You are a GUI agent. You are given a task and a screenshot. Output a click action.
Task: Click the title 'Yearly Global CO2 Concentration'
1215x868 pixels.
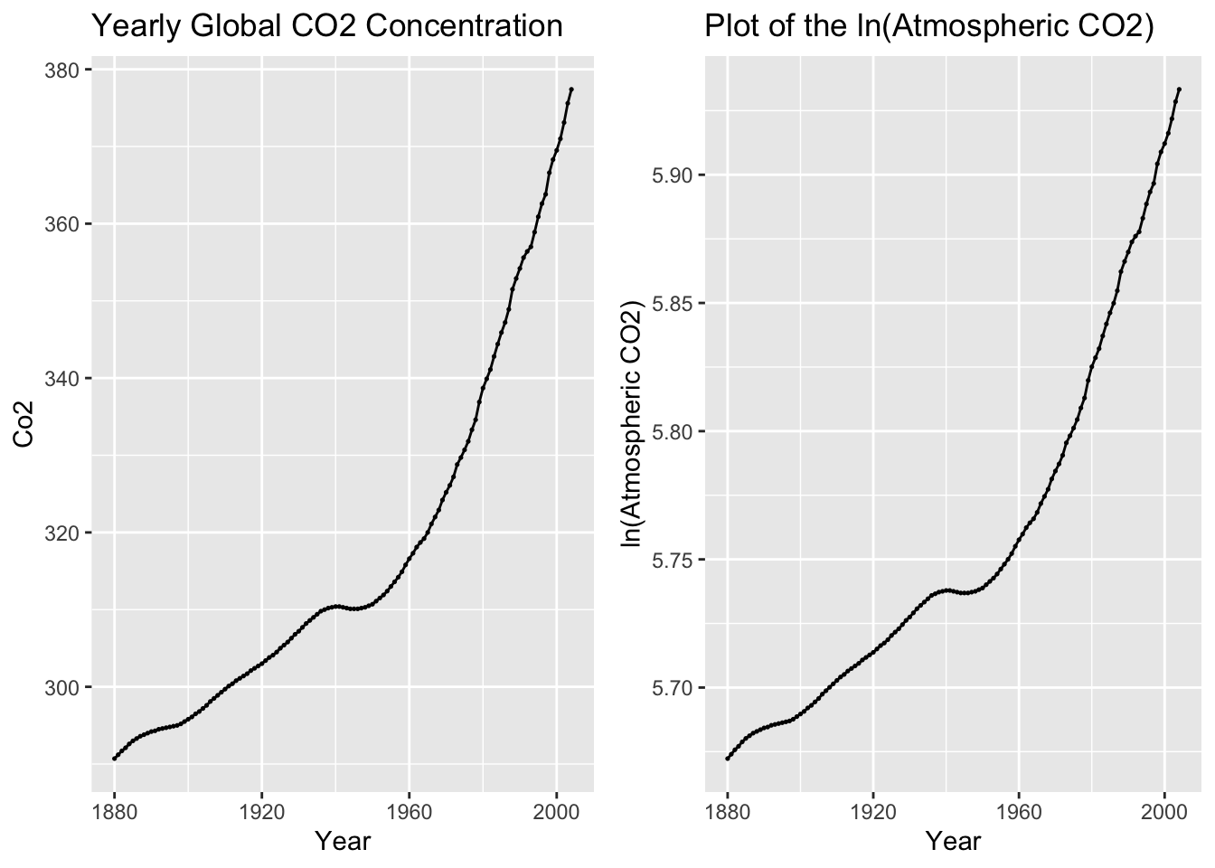click(327, 27)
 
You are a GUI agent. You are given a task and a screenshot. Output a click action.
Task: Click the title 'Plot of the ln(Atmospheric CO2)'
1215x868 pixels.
click(929, 27)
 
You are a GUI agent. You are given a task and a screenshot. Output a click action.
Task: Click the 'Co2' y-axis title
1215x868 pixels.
click(24, 424)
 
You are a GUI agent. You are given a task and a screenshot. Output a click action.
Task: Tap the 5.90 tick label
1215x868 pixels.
click(673, 175)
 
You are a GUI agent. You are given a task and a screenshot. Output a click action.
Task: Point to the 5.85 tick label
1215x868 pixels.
click(673, 303)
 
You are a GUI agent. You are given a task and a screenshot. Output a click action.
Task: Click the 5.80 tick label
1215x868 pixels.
click(673, 431)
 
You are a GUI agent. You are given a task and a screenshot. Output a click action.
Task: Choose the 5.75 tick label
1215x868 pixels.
click(673, 560)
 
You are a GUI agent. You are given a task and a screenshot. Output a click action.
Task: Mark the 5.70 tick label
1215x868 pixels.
click(673, 688)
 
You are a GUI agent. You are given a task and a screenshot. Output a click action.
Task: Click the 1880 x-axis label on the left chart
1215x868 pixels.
click(114, 811)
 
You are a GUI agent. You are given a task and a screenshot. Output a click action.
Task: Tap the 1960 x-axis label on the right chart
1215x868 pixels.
click(1019, 811)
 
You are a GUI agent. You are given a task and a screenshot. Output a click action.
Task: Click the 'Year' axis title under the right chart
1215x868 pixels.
click(953, 842)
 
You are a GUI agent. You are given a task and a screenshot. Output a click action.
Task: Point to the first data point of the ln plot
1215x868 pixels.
click(728, 758)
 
